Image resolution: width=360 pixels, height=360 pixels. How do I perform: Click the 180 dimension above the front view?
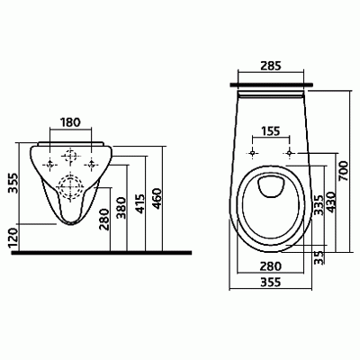click(71, 122)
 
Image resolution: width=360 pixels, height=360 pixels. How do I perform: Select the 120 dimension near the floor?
click(13, 238)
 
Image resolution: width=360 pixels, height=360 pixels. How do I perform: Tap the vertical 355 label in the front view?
click(13, 183)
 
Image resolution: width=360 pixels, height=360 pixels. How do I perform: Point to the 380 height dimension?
click(121, 208)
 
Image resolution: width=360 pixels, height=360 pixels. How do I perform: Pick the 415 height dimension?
click(139, 204)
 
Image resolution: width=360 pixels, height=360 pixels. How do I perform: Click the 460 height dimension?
click(157, 198)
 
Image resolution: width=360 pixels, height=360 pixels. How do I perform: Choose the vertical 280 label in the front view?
click(104, 220)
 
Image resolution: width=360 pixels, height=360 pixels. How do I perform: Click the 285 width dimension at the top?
click(271, 66)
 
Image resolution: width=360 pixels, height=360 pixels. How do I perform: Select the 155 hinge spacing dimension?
click(271, 131)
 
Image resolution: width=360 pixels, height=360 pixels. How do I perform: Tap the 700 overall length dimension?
click(344, 171)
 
